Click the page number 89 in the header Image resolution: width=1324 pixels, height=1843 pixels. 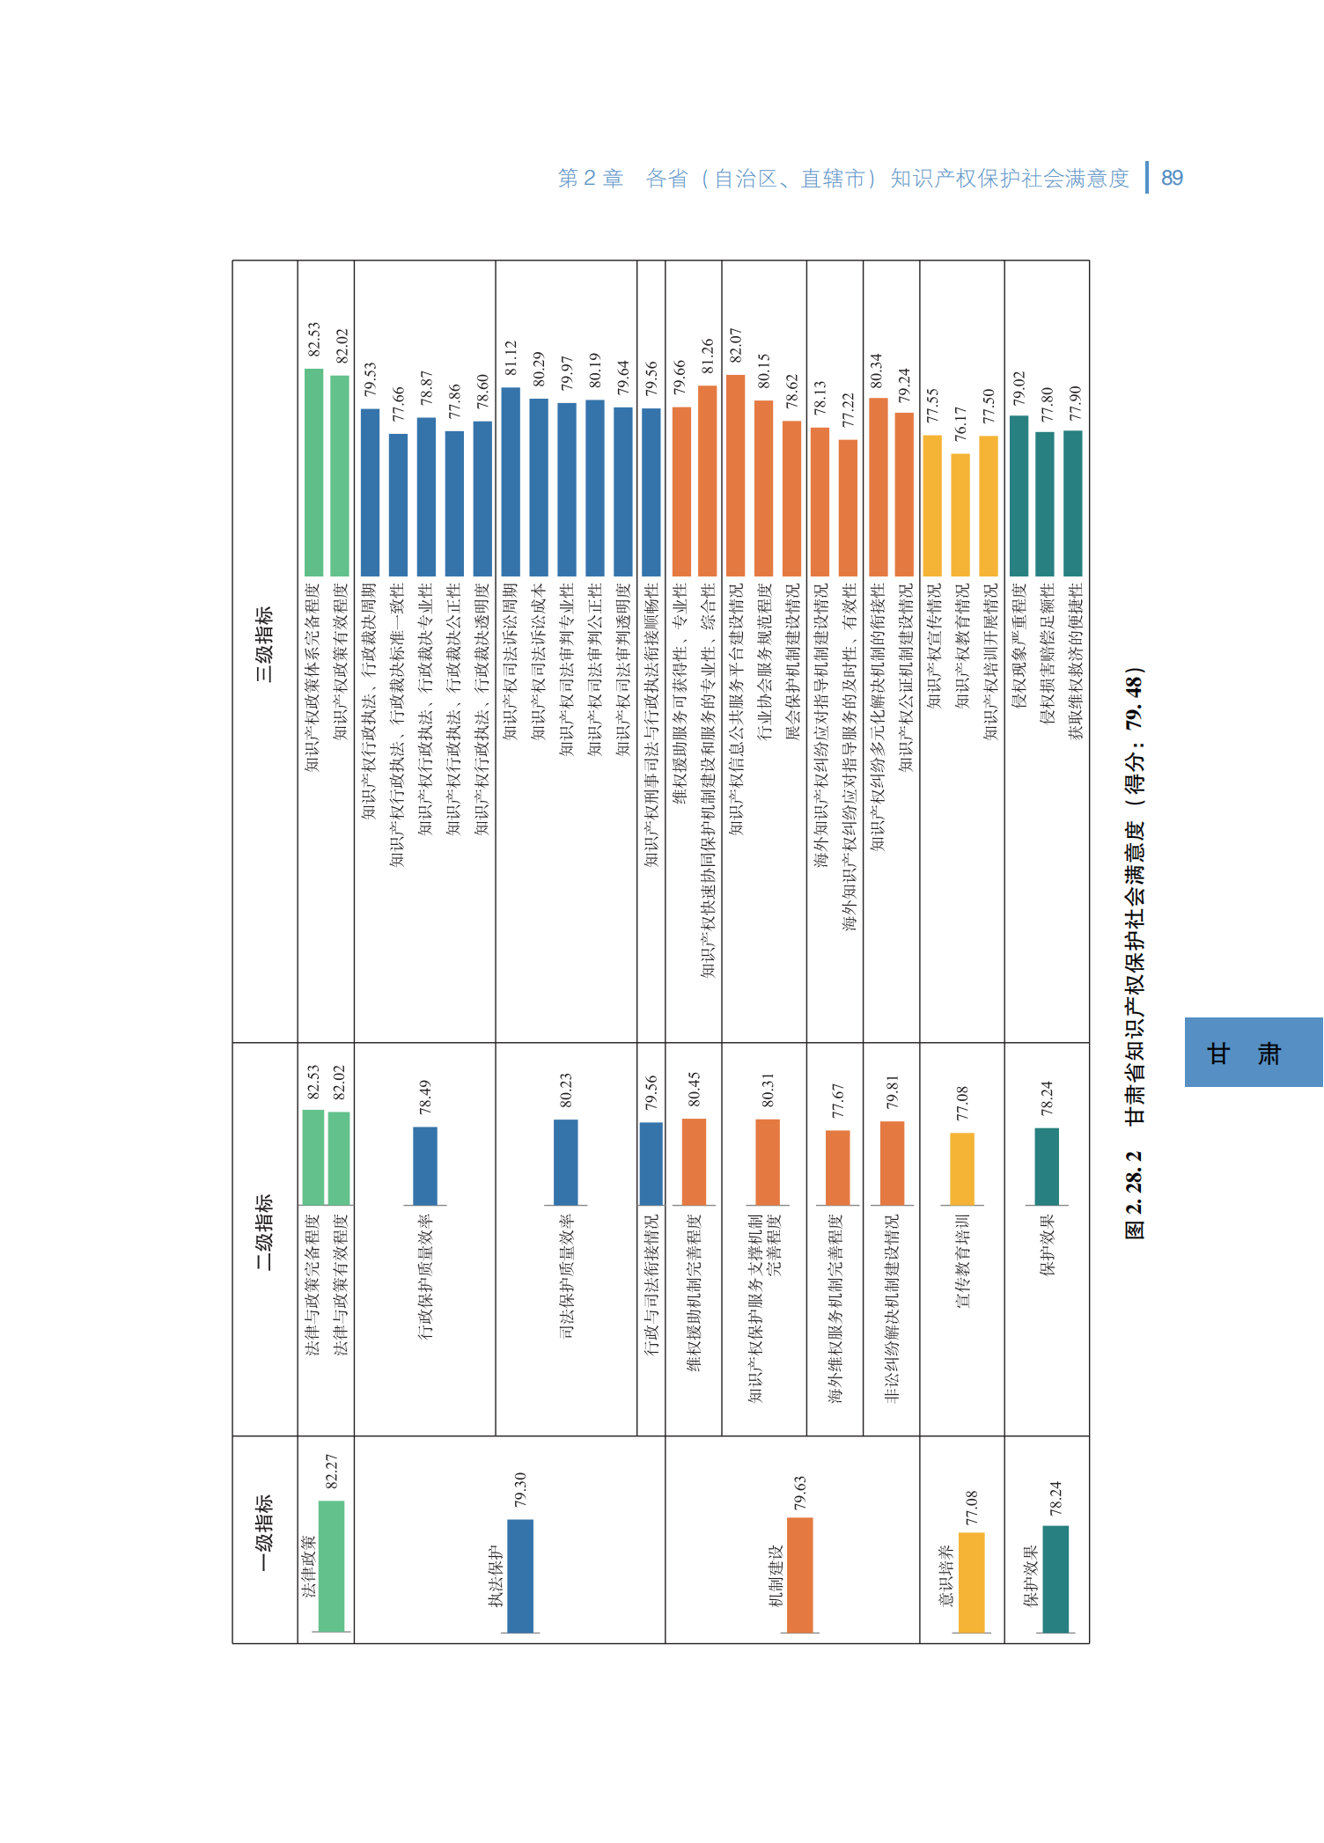pos(1172,179)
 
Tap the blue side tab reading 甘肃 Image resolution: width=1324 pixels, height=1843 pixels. pos(1253,1053)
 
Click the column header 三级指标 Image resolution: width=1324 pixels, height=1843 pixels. pos(264,644)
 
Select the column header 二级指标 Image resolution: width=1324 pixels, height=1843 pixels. pos(264,1231)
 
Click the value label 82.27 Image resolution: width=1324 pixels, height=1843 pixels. pos(332,1472)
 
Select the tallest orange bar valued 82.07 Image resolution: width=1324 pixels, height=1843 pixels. pos(735,475)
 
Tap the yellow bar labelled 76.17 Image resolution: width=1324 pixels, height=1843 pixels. pos(960,515)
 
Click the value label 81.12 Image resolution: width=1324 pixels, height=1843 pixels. pos(511,358)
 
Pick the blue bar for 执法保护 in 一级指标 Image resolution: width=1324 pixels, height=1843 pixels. pos(520,1575)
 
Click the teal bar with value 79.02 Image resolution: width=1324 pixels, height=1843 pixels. pos(1019,496)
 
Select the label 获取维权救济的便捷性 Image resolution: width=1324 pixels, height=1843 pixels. pos(1074,661)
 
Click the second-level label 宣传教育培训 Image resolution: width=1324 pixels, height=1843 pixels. pos(962,1260)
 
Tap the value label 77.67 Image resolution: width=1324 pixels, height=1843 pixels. pos(837,1101)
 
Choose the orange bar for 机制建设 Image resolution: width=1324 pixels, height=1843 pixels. pos(799,1575)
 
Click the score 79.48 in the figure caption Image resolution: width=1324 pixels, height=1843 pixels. pos(1135,699)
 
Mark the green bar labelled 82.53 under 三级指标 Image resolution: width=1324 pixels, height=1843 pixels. pos(313,473)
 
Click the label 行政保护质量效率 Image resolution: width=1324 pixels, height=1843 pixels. pos(425,1277)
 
